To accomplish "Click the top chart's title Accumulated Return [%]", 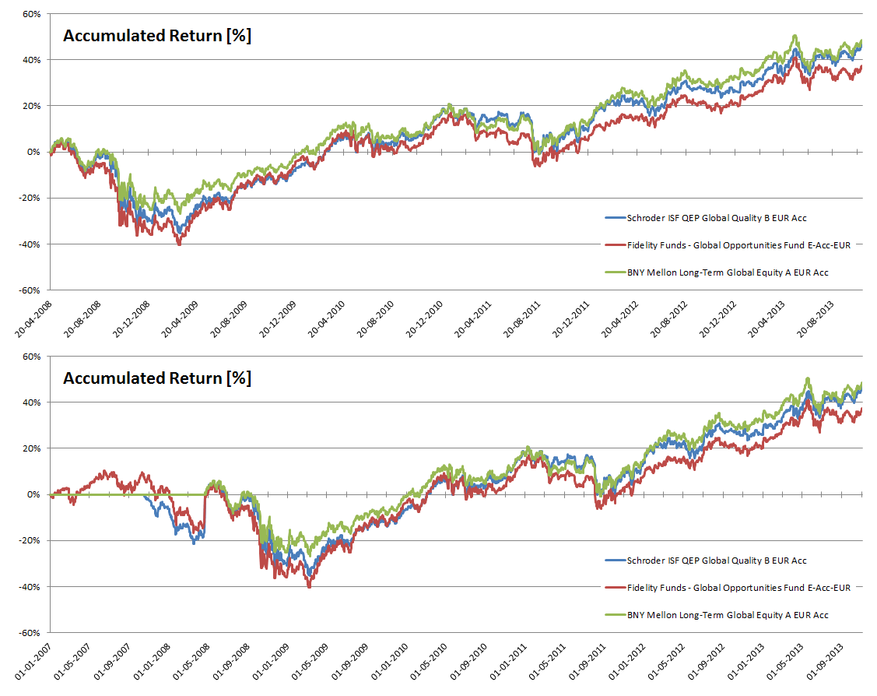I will click(x=156, y=36).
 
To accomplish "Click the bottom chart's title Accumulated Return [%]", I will click(x=156, y=378).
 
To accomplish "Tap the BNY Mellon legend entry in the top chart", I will click(x=716, y=272).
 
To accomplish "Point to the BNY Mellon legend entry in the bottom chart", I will click(x=716, y=615).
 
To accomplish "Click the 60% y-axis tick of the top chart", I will click(x=30, y=14).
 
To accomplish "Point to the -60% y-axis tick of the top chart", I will click(x=29, y=290).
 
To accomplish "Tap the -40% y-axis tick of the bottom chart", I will click(x=29, y=586).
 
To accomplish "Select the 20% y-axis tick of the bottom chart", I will click(x=30, y=448).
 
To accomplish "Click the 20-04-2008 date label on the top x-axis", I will click(x=35, y=318).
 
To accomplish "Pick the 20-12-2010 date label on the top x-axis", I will click(x=427, y=318).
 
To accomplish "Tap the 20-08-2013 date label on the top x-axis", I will click(x=819, y=318).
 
